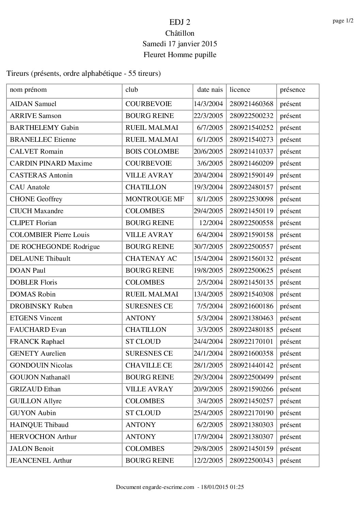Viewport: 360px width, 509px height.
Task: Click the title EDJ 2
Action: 180,22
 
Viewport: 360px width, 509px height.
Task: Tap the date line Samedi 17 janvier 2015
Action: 180,44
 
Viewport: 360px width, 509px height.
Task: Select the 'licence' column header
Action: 240,90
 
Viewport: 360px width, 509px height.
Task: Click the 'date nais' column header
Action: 210,90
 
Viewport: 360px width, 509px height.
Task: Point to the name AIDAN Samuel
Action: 33,104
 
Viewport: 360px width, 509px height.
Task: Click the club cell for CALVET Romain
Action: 152,152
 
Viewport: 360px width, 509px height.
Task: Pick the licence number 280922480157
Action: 251,187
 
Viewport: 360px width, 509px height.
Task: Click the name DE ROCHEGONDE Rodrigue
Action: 55,247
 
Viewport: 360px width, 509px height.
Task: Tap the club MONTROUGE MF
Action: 155,199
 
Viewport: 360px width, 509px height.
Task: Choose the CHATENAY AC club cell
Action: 151,259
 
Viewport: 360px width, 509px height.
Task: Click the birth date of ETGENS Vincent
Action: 210,318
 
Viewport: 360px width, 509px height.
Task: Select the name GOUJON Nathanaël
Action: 40,377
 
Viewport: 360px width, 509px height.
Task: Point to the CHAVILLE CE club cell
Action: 149,366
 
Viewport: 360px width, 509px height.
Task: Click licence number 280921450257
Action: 251,401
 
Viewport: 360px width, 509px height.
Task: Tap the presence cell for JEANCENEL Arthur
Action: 290,461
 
